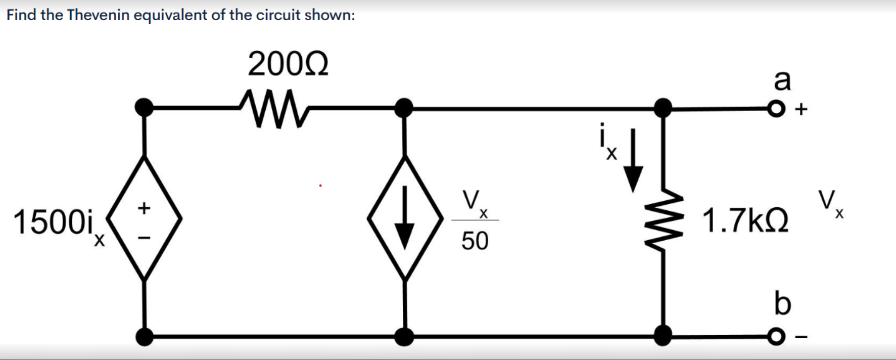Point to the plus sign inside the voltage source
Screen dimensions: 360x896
tap(145, 208)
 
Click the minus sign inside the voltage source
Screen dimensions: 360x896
tap(145, 238)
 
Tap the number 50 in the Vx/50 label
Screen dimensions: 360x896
tap(475, 241)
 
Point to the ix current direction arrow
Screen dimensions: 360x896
tap(633, 162)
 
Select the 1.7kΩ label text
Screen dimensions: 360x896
tap(745, 221)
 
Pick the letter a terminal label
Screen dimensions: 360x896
tap(782, 80)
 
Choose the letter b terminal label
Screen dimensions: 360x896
tap(782, 304)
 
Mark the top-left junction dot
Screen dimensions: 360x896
tap(145, 107)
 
